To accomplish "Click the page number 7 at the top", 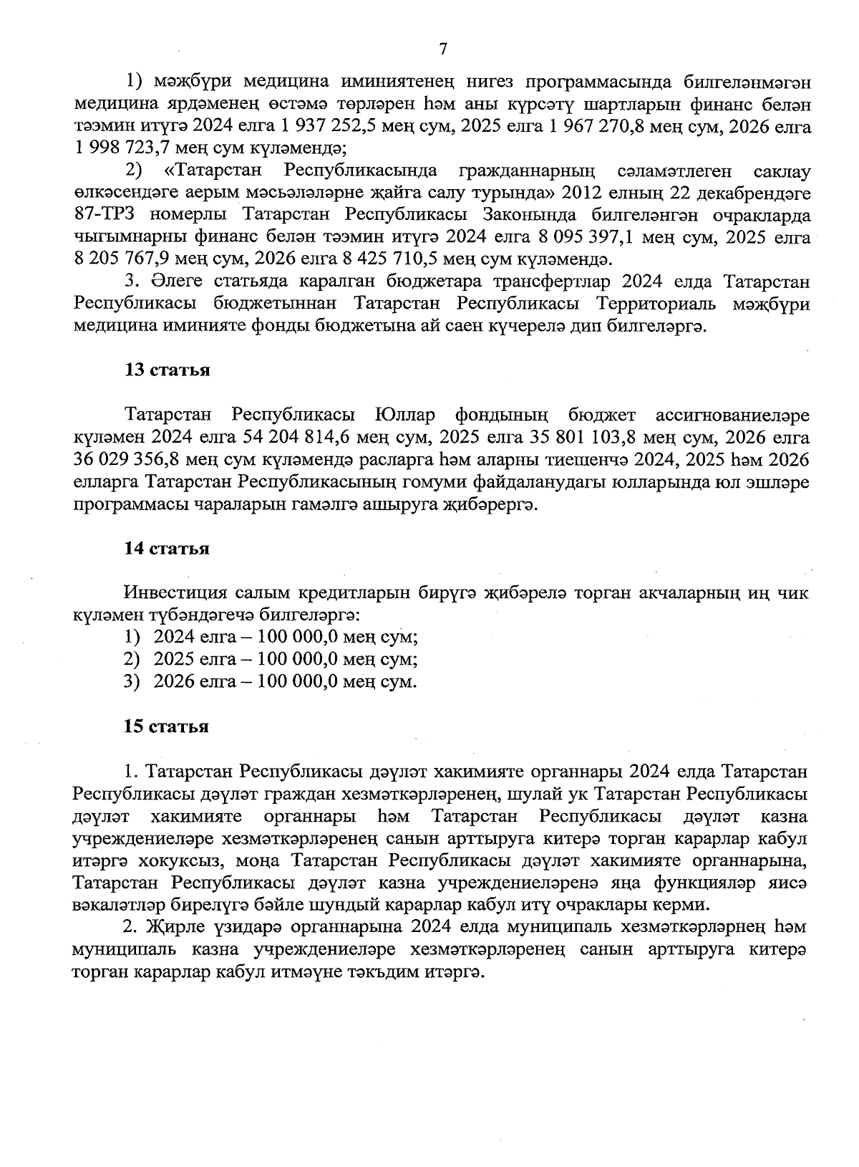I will coord(442,49).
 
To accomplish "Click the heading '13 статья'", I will coord(167,370).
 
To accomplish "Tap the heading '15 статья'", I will coord(167,726).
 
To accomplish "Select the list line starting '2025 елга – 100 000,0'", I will coord(286,659).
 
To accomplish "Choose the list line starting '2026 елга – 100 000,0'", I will coord(285,681).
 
